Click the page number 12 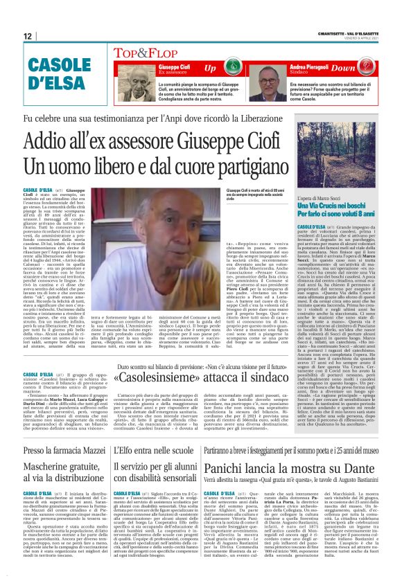click(28, 35)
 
